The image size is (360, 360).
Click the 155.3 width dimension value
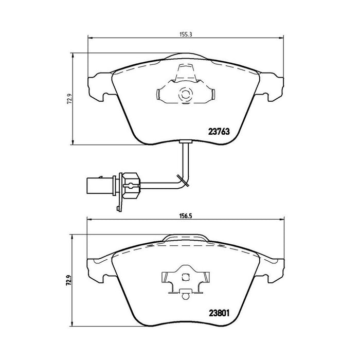(185, 34)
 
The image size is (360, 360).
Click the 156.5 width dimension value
(185, 216)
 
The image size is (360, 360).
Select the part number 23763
(219, 132)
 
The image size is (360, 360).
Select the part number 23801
(219, 313)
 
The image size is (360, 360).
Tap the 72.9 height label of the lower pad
(68, 281)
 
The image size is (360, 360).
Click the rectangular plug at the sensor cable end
(95, 186)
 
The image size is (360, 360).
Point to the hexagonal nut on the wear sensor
(131, 186)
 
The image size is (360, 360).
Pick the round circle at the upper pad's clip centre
(185, 94)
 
